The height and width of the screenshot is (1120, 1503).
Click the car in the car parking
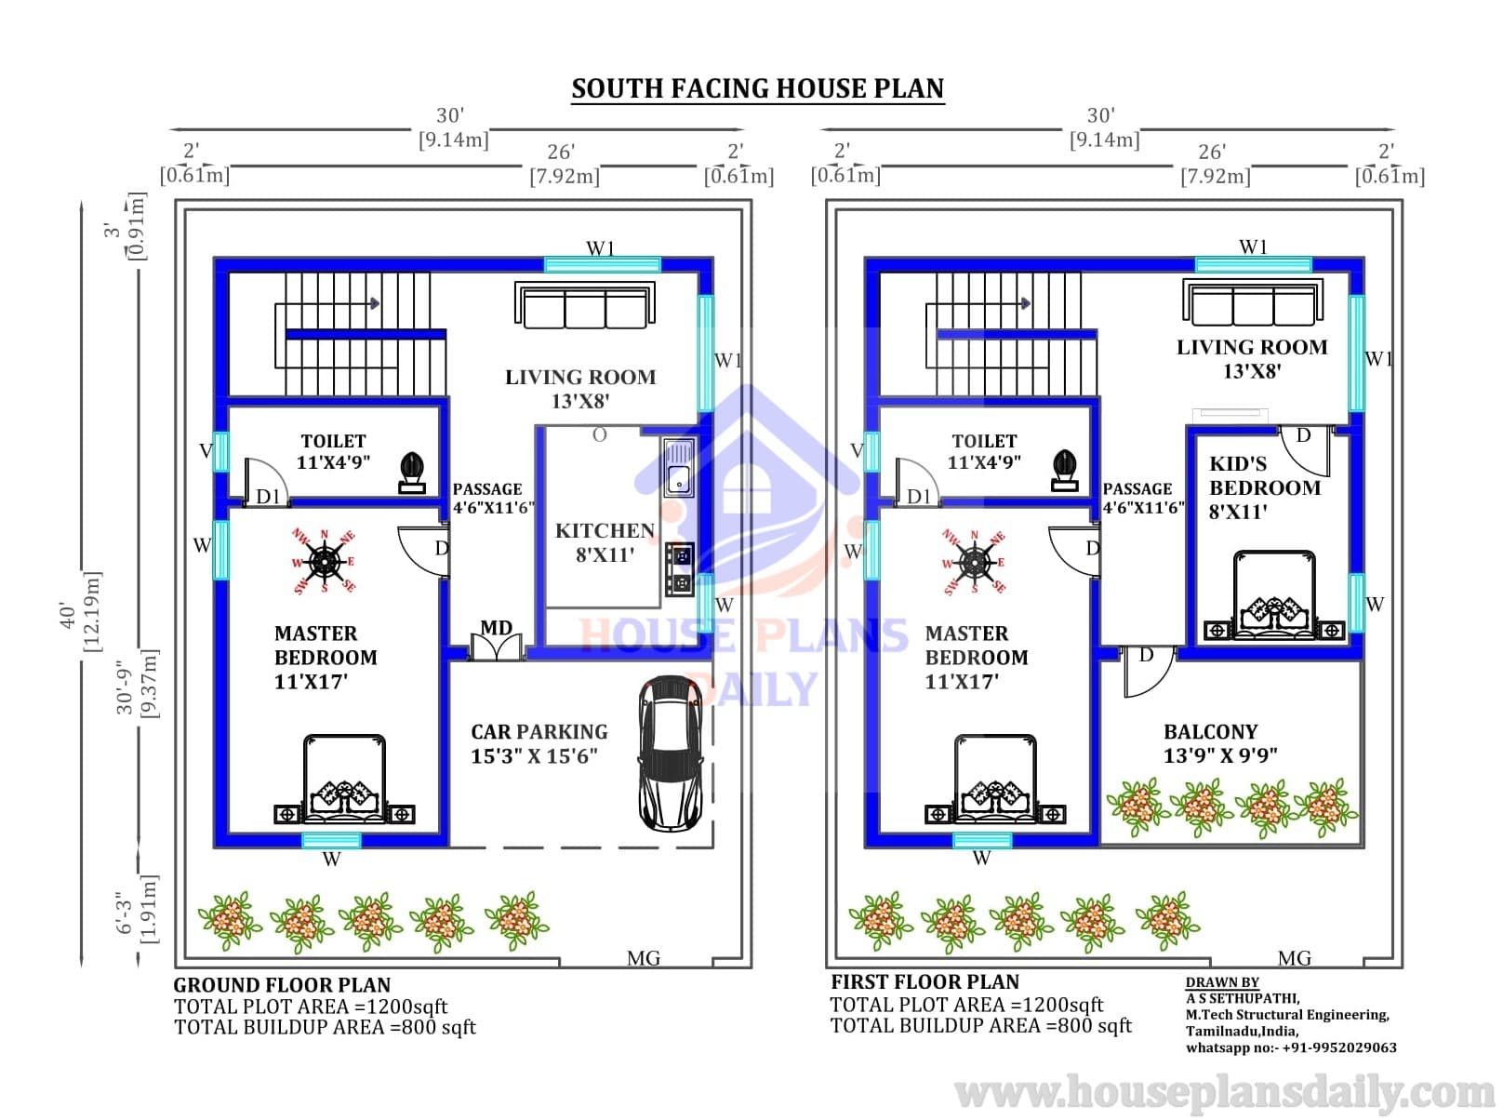point(671,753)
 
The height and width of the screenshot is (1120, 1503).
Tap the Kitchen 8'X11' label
point(605,542)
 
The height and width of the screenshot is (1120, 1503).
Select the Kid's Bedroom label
point(1265,487)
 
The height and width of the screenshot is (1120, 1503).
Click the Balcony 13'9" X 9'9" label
point(1219,743)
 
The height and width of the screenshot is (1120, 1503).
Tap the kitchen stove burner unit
point(680,569)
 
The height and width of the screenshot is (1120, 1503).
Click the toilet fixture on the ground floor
point(412,473)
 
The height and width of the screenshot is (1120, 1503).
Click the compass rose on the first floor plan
point(975,562)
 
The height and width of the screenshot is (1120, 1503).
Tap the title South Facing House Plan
point(758,88)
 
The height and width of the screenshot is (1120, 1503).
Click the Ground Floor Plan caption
point(282,984)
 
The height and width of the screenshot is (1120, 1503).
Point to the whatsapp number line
point(1291,1047)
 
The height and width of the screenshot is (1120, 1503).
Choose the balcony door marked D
point(1148,672)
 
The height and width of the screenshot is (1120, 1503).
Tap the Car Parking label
point(539,731)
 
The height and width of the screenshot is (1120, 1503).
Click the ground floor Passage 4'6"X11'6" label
point(493,499)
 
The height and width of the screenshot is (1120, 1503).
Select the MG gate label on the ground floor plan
point(643,958)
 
